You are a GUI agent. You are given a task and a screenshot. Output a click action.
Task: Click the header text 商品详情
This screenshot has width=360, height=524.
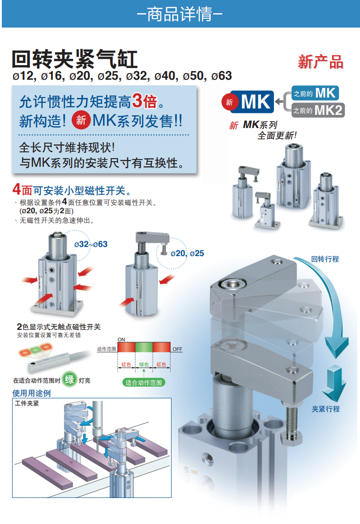[180, 14]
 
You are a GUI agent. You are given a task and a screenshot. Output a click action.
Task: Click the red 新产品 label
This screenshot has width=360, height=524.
[320, 62]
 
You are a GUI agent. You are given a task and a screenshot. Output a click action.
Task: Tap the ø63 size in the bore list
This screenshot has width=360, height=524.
[221, 76]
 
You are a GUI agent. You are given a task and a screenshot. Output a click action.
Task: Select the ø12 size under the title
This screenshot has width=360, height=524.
[23, 76]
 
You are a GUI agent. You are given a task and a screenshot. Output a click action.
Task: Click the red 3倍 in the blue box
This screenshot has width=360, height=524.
[144, 101]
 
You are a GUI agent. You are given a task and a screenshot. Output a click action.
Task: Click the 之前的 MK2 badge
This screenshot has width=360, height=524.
[318, 110]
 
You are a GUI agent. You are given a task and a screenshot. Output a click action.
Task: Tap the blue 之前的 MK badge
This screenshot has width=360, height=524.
[315, 93]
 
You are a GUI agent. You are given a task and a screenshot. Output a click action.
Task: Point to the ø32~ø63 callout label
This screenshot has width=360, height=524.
[91, 244]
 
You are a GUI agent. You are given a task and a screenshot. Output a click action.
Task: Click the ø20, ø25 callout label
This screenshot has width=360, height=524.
[187, 253]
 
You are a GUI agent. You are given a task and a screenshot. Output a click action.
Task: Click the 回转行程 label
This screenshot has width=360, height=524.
[325, 259]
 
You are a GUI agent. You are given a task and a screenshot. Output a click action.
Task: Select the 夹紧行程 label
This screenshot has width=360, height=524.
[325, 409]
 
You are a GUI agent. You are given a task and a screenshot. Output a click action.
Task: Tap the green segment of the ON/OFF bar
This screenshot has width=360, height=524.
[144, 347]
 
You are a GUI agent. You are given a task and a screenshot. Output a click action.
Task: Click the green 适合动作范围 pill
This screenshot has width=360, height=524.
[144, 383]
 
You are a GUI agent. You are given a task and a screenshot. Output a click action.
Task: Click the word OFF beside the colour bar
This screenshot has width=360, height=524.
[177, 349]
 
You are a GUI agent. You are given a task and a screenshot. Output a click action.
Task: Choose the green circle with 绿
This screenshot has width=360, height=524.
[69, 380]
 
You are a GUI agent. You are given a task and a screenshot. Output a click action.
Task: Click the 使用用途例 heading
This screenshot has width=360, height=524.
[31, 393]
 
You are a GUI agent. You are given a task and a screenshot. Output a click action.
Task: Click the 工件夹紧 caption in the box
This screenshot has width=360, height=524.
[27, 403]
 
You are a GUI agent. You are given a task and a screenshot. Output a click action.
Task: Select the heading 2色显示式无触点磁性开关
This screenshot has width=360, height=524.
[59, 327]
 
